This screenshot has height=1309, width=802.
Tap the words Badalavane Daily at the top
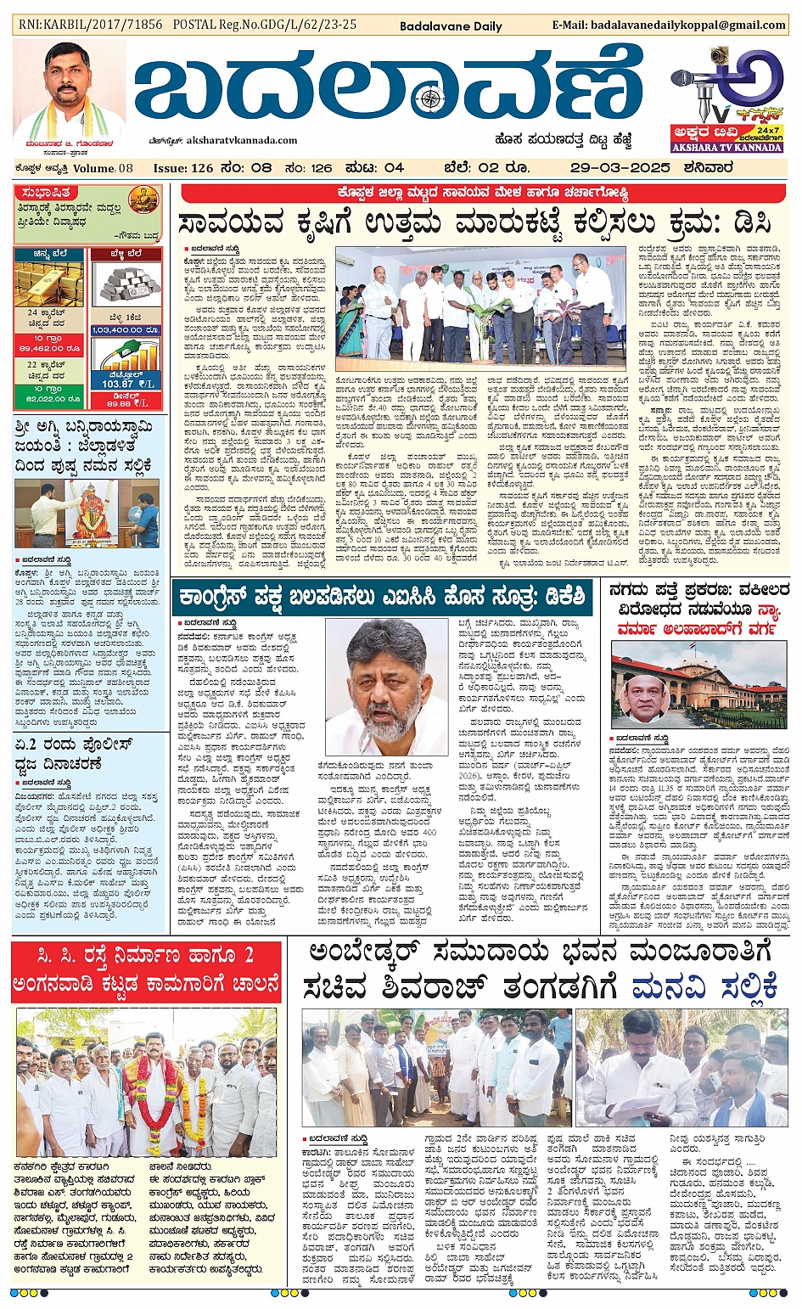tap(451, 26)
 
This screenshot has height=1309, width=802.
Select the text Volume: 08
tap(103, 168)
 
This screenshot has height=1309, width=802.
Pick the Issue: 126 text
tap(183, 168)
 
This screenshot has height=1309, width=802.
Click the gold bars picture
tap(48, 284)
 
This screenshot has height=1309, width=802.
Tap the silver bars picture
tap(126, 284)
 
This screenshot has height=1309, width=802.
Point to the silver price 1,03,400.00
tap(126, 329)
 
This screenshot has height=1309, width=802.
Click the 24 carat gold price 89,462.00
tap(48, 348)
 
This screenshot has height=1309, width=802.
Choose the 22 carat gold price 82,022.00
tap(48, 397)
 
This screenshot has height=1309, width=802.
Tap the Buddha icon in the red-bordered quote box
tap(143, 200)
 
